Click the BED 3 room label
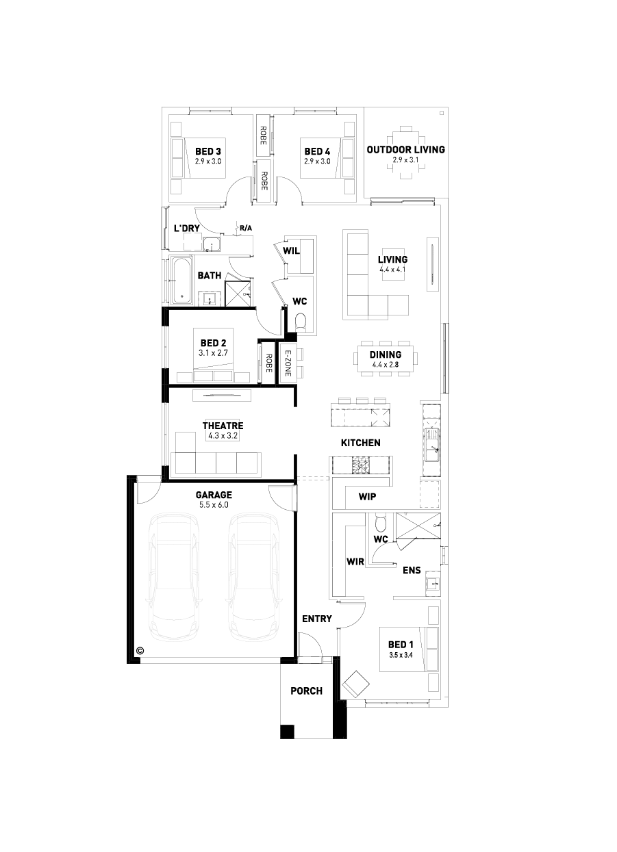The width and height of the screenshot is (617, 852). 208,152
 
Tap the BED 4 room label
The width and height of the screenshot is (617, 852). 318,152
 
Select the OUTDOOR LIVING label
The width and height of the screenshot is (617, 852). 406,149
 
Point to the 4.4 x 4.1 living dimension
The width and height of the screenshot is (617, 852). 392,270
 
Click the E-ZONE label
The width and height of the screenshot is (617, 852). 288,363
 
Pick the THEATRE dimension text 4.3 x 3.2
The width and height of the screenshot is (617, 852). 223,435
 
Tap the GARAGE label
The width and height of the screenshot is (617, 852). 214,495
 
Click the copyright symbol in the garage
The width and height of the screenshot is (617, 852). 140,650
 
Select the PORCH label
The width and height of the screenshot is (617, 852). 306,690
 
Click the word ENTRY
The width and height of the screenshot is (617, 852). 317,619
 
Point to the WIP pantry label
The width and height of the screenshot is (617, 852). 367,496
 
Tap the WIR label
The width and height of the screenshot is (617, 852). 355,561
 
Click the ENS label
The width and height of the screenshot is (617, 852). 412,570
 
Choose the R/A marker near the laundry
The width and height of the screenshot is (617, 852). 246,228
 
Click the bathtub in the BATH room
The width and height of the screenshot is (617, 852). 182,281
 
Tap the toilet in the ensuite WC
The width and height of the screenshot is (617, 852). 380,523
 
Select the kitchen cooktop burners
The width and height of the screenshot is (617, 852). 360,465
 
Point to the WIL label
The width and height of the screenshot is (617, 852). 291,250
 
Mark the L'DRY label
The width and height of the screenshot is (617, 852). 187,228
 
